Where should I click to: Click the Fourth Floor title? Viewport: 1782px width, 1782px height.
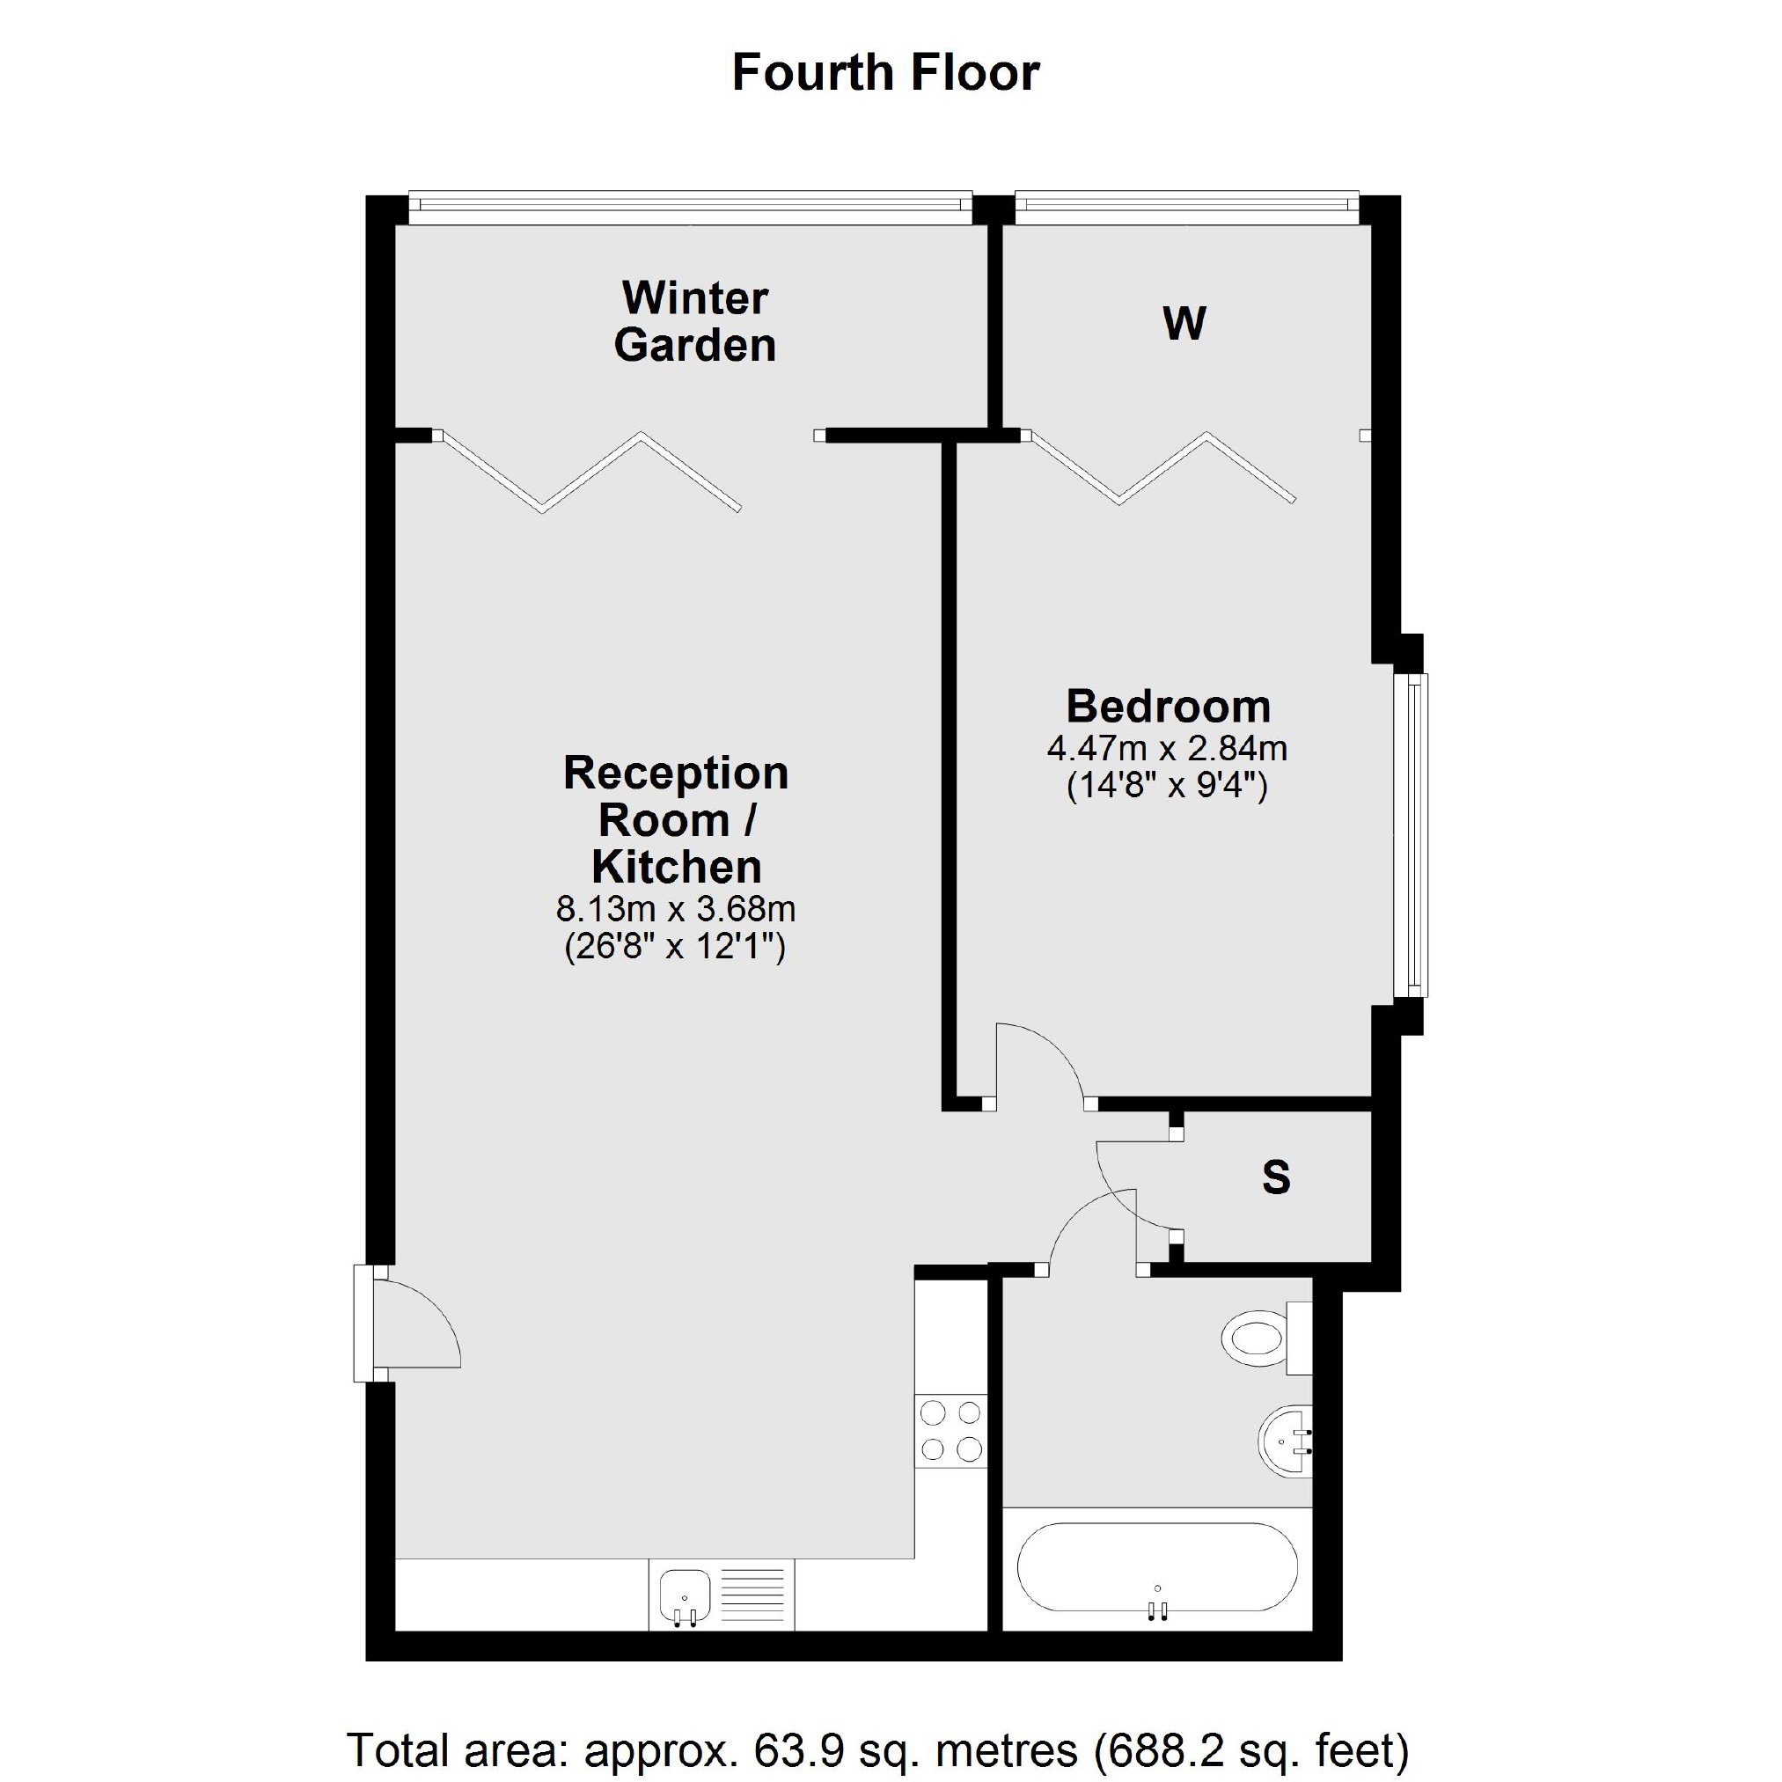(x=885, y=73)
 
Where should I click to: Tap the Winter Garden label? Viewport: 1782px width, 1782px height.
(x=694, y=321)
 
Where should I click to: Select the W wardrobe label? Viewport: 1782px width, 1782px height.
(x=1184, y=324)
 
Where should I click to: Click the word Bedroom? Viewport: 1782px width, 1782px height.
(x=1169, y=707)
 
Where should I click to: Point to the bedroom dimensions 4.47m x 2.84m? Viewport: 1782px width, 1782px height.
(x=1167, y=747)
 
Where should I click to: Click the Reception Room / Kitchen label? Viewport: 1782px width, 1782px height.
(x=676, y=820)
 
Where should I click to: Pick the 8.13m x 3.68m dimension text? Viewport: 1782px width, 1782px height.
(x=675, y=909)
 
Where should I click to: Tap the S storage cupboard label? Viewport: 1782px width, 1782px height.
(x=1276, y=1177)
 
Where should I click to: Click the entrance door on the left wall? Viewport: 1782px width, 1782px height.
(x=407, y=1323)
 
